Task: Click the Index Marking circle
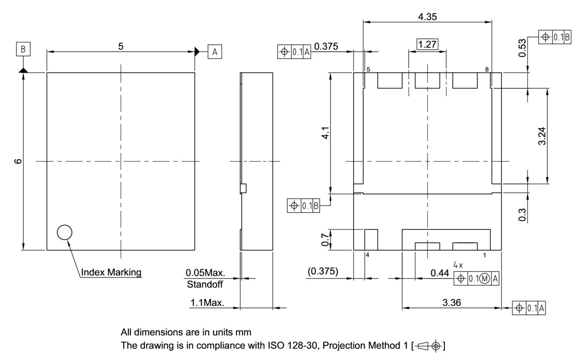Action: [65, 232]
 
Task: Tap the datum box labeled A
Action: [215, 52]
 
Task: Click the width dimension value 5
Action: [121, 46]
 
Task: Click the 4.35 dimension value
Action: [427, 17]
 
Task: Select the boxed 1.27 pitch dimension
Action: [427, 44]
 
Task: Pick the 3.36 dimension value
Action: [452, 303]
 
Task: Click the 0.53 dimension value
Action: [522, 48]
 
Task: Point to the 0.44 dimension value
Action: [439, 273]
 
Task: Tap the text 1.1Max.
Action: [207, 303]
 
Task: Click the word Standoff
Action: [205, 285]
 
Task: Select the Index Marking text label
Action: [111, 272]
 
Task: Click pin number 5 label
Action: [368, 70]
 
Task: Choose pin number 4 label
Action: [368, 255]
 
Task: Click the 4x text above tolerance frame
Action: [458, 264]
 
